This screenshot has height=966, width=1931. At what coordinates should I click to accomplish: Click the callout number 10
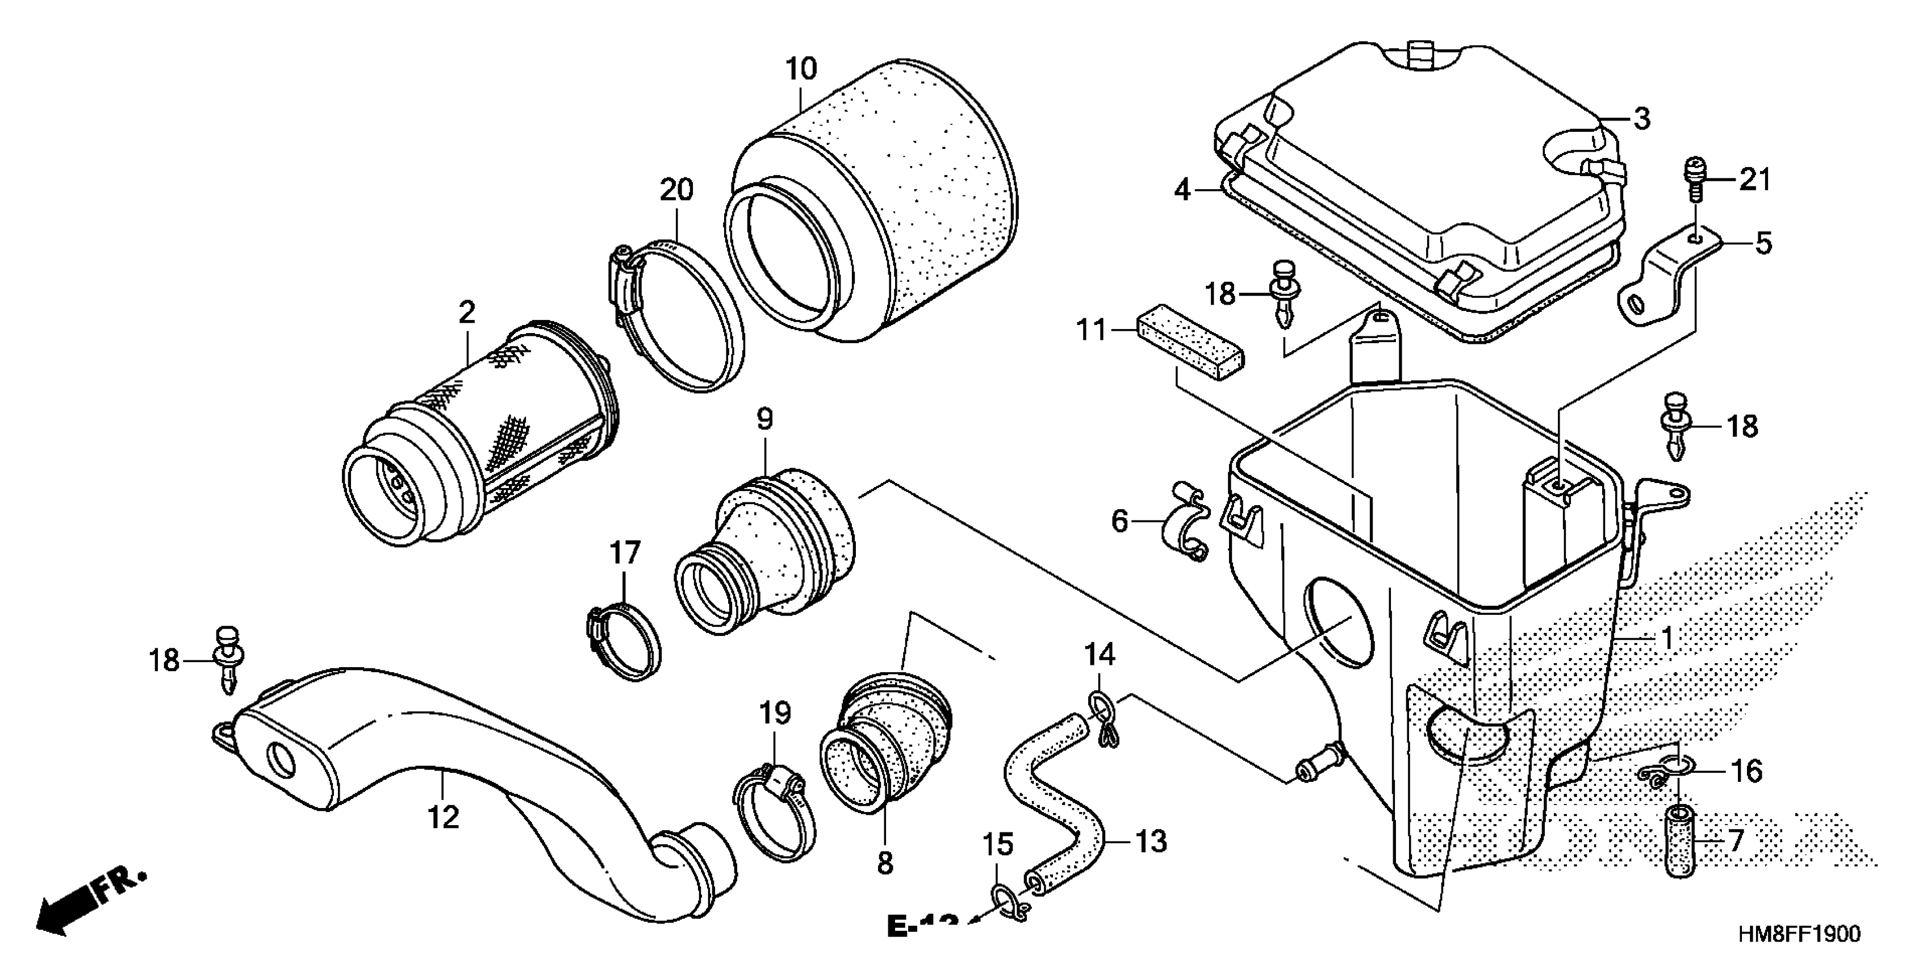pos(801,69)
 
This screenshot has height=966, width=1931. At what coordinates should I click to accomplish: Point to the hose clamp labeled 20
pos(675,315)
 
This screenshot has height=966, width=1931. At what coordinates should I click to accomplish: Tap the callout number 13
pos(1151,842)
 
